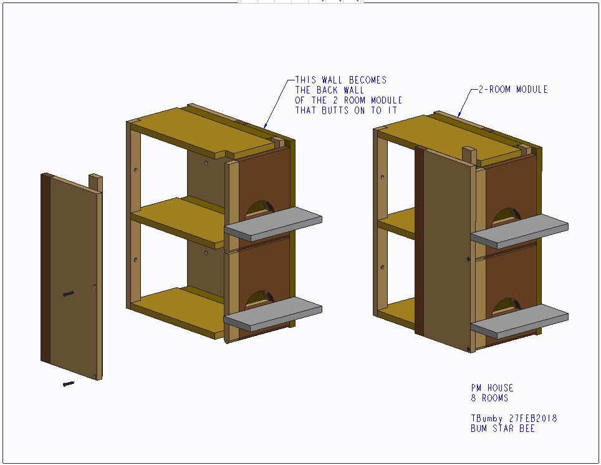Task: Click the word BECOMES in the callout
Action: coord(368,80)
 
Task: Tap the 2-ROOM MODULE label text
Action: coord(513,90)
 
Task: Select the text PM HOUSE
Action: coord(492,388)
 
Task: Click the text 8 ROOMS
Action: coord(489,398)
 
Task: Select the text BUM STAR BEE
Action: coord(502,429)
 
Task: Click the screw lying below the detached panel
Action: coord(69,384)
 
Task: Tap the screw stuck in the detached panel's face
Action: coord(68,294)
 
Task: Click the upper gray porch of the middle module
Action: coord(273,224)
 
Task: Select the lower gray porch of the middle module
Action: coord(273,314)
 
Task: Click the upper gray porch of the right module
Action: coord(519,231)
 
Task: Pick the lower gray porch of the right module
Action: coord(519,321)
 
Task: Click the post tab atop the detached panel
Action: coord(95,183)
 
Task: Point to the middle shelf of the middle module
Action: coord(178,223)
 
